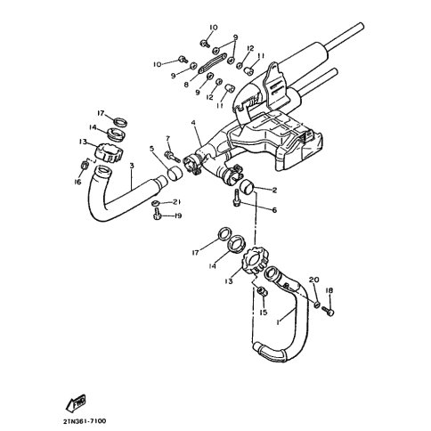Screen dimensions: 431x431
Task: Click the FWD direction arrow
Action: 76,403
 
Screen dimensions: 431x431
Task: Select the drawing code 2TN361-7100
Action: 85,421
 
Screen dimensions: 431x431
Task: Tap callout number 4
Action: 193,123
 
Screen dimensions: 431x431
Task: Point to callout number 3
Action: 132,166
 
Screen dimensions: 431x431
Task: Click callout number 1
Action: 278,322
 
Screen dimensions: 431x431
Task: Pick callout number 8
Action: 186,85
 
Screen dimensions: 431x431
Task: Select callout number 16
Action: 77,182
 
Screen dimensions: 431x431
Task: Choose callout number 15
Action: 264,313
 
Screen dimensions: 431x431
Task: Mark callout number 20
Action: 313,280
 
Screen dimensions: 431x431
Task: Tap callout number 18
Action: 329,290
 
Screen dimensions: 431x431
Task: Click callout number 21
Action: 177,202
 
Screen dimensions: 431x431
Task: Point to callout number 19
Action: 177,215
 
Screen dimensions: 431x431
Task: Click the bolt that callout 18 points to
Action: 329,312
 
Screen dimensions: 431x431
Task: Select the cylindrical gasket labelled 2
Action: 246,186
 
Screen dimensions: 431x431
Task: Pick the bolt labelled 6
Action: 237,198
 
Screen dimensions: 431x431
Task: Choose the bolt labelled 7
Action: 172,156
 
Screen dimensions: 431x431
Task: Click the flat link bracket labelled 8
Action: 212,62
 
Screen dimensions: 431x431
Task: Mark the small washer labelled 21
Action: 155,204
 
